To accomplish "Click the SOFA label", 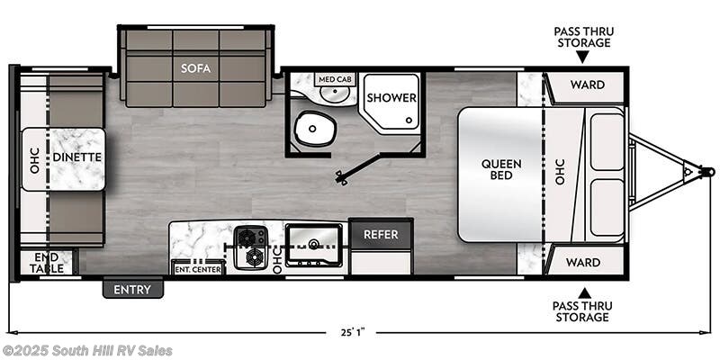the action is point(195,68).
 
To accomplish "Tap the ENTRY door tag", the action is point(132,289).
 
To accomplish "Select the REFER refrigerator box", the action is point(381,234).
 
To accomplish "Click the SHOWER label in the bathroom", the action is point(391,97).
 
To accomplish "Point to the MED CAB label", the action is point(335,79).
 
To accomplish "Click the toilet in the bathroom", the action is point(313,129).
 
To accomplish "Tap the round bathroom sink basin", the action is point(335,94).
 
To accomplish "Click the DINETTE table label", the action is point(76,157).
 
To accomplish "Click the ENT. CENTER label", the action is point(198,269).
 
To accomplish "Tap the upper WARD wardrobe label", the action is point(588,85).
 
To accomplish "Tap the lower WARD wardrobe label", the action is point(582,262).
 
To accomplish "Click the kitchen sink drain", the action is point(314,243).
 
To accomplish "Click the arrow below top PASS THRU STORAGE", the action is point(582,57).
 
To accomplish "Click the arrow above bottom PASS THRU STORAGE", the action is point(584,292).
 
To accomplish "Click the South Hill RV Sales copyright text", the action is point(87,351).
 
